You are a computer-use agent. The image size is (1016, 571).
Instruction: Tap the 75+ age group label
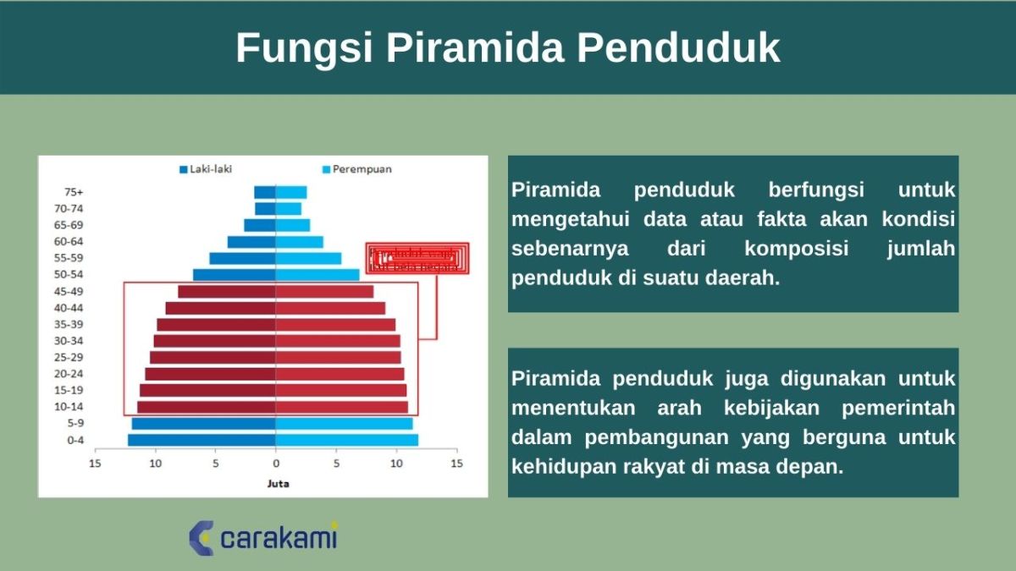click(74, 192)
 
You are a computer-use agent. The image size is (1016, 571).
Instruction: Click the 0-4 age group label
click(75, 440)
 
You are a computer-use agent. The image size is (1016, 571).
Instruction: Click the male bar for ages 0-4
click(202, 440)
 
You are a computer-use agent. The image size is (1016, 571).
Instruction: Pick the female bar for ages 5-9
click(344, 423)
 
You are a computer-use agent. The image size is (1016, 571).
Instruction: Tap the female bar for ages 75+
click(290, 192)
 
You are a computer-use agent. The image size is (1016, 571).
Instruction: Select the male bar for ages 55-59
click(242, 258)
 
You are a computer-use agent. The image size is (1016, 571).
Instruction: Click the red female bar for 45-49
click(324, 291)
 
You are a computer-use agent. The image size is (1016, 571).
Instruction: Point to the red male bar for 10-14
click(207, 407)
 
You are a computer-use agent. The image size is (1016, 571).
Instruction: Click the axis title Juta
click(276, 484)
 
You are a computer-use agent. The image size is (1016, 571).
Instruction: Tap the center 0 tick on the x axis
click(276, 464)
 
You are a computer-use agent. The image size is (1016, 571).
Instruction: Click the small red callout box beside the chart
click(417, 258)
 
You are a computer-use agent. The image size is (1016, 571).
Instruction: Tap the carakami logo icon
click(202, 538)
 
